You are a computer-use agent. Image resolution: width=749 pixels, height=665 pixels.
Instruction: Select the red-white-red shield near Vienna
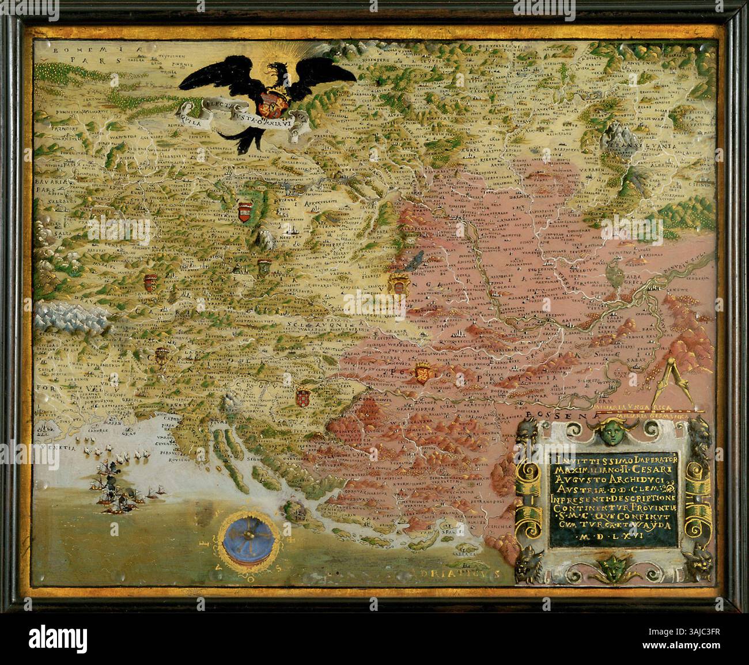coord(244,212)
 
